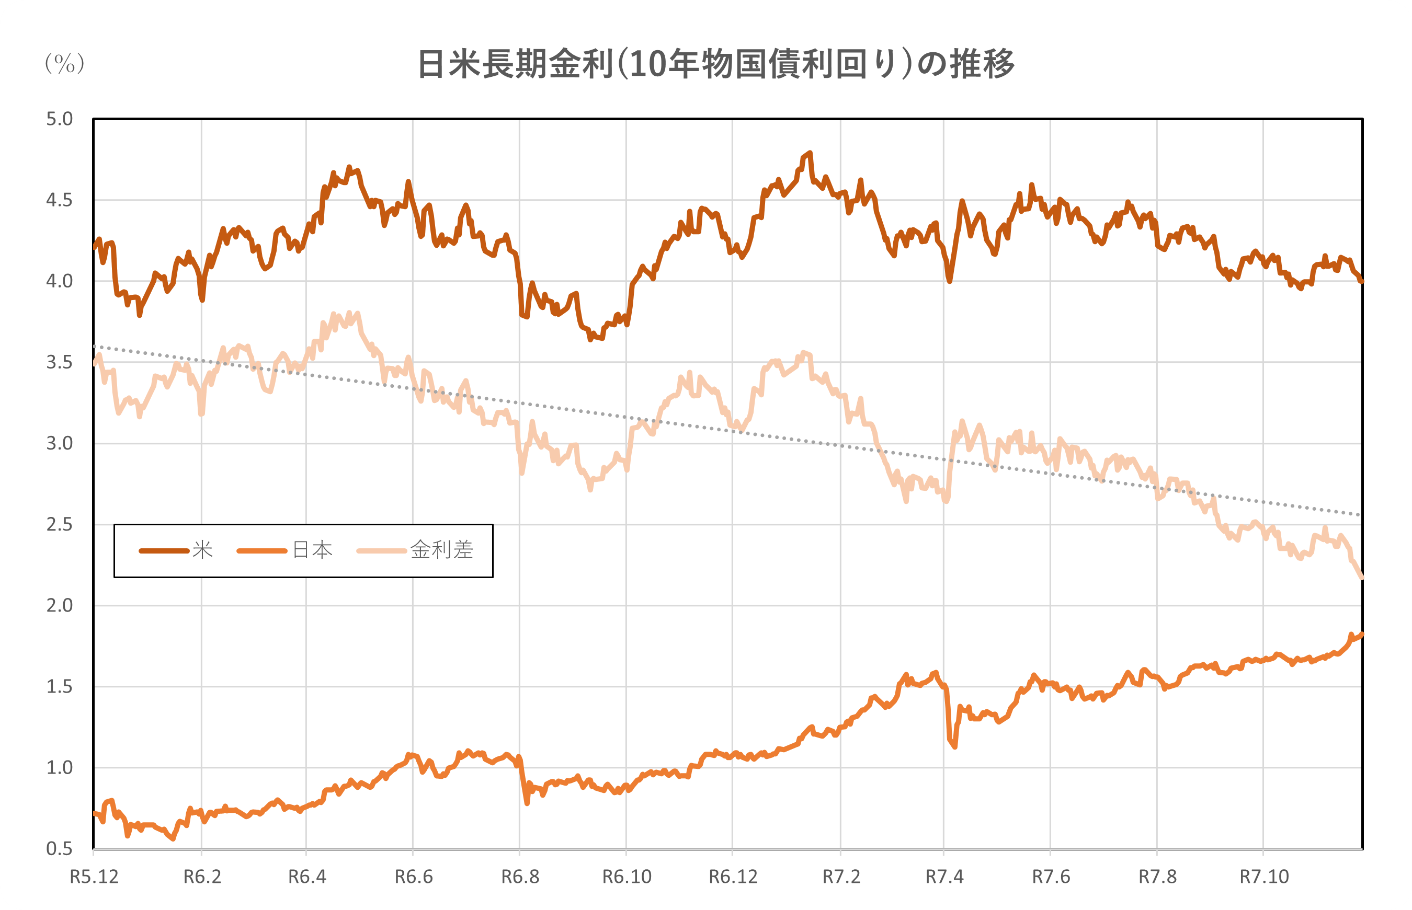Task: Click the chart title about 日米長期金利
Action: (x=716, y=64)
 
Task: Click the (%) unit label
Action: (x=64, y=63)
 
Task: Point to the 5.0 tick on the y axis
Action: (x=59, y=119)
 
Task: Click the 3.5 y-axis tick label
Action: (x=59, y=362)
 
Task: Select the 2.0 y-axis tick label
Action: (x=59, y=606)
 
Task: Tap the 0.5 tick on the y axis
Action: (x=59, y=848)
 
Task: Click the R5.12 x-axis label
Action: (x=94, y=877)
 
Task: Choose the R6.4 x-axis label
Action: (x=307, y=877)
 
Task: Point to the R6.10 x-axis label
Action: (x=627, y=877)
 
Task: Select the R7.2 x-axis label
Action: (x=841, y=877)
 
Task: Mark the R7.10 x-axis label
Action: (x=1264, y=877)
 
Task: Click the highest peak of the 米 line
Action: (x=810, y=153)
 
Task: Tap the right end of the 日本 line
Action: (x=1362, y=635)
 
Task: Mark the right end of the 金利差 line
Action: (x=1362, y=578)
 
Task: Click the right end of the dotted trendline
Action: (x=1361, y=515)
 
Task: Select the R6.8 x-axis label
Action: (x=520, y=877)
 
